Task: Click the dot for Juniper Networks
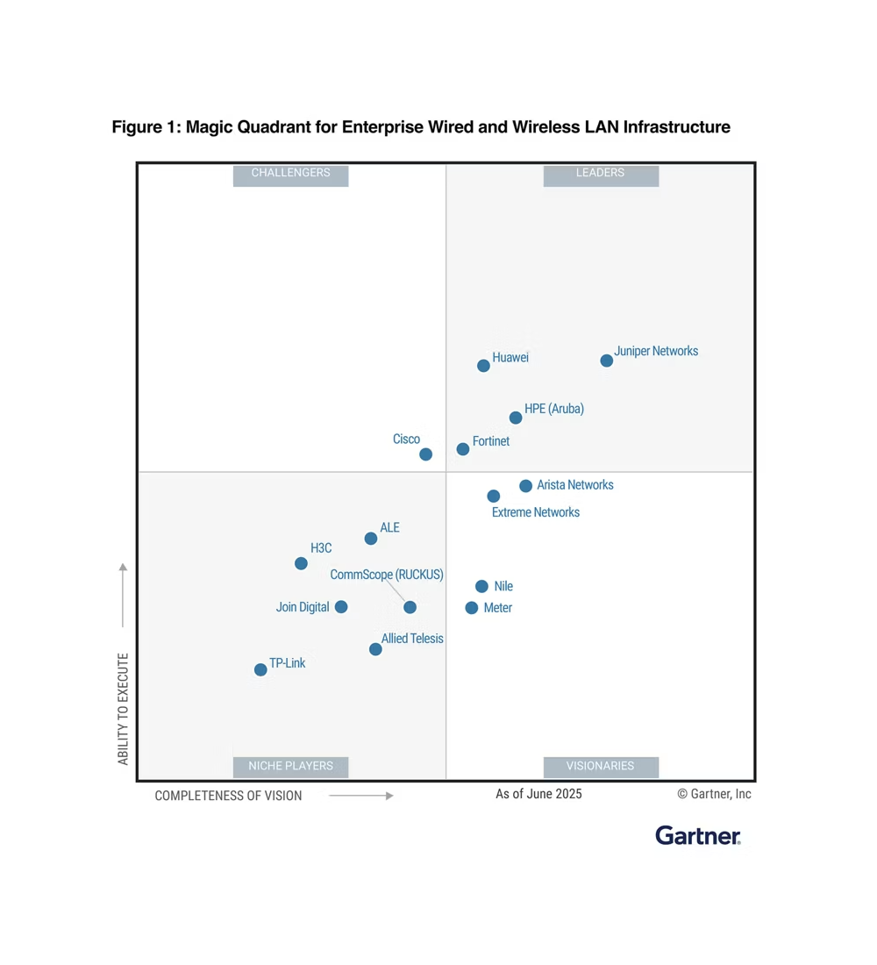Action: (606, 361)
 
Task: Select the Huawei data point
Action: (483, 366)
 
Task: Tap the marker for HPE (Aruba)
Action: (516, 418)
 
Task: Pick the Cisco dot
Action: (425, 454)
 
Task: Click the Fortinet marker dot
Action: (463, 449)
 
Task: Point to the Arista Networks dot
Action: (525, 486)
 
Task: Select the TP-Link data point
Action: (260, 669)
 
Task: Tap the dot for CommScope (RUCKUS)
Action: (410, 607)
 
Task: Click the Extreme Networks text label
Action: (535, 512)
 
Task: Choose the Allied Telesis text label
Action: (412, 639)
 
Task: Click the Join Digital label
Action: (303, 607)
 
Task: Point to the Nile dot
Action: (481, 586)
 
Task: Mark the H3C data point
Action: (301, 563)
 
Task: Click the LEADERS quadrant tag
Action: (601, 174)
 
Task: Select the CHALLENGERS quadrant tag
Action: (290, 174)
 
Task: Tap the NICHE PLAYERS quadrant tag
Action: (290, 766)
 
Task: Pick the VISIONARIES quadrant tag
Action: (601, 766)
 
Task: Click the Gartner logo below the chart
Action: (698, 835)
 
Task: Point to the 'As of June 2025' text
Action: (538, 794)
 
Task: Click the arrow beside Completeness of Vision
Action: (361, 796)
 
